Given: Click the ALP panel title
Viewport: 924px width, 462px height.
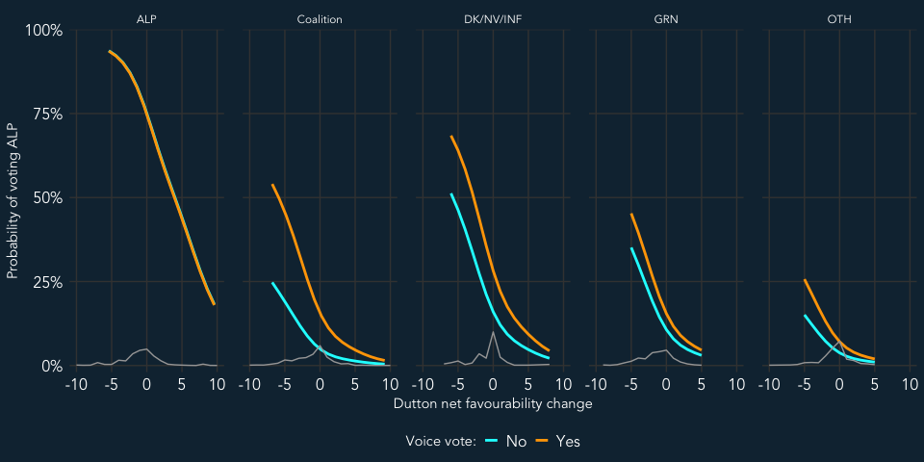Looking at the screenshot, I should (x=146, y=18).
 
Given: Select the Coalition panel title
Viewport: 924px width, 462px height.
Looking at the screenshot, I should (x=319, y=18).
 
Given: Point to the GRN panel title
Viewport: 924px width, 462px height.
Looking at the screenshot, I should (x=664, y=18).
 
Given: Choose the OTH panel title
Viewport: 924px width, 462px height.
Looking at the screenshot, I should (x=838, y=18).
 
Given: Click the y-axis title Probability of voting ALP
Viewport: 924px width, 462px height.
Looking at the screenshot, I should (x=12, y=197).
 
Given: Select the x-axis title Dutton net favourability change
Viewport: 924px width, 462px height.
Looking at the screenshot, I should (x=493, y=404).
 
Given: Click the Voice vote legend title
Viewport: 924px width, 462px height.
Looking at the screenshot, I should (x=440, y=441).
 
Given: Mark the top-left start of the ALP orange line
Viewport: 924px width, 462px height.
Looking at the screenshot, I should (x=111, y=51).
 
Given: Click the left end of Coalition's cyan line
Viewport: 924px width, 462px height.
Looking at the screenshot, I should (x=272, y=283).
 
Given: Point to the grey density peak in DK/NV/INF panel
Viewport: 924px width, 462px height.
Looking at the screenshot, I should (x=494, y=332).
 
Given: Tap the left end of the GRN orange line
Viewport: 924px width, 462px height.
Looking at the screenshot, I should (x=631, y=215).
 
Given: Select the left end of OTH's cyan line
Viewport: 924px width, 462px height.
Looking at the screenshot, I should (x=805, y=316).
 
